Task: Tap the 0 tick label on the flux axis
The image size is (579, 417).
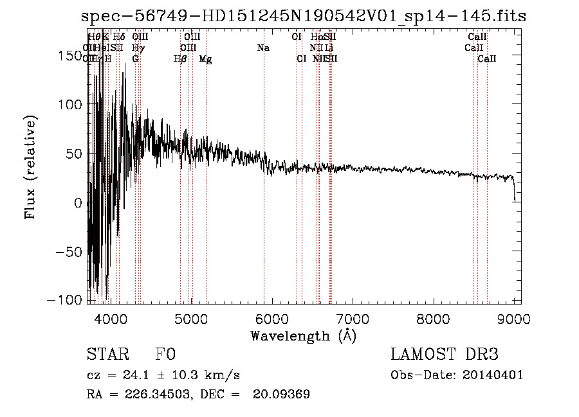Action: pos(78,202)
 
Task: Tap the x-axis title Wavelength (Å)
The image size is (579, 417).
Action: pos(303,335)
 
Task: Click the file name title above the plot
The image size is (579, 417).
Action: pos(304,16)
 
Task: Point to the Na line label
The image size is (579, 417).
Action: pos(263,48)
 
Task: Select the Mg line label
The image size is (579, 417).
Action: pos(206,59)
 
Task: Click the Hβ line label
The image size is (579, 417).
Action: pos(180,59)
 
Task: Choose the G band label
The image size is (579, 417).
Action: pos(136,59)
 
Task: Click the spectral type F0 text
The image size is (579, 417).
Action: pos(165,355)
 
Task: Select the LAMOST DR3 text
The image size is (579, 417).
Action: pos(444,355)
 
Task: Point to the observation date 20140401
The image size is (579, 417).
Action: pos(493,375)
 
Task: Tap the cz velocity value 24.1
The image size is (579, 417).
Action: pos(136,375)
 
